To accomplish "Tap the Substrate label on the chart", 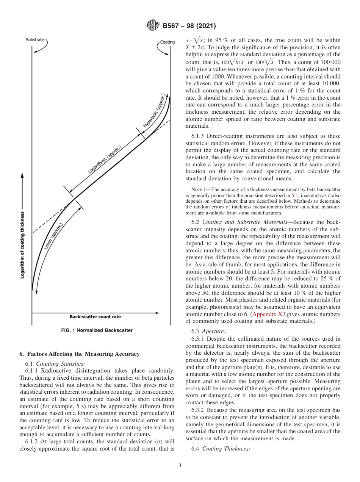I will (34, 39).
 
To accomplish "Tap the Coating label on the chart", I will (167, 42).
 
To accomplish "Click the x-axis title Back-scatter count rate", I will (95, 317).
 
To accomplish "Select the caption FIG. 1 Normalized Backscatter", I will (97, 330).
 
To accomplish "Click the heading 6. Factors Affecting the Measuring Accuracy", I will (79, 354).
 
